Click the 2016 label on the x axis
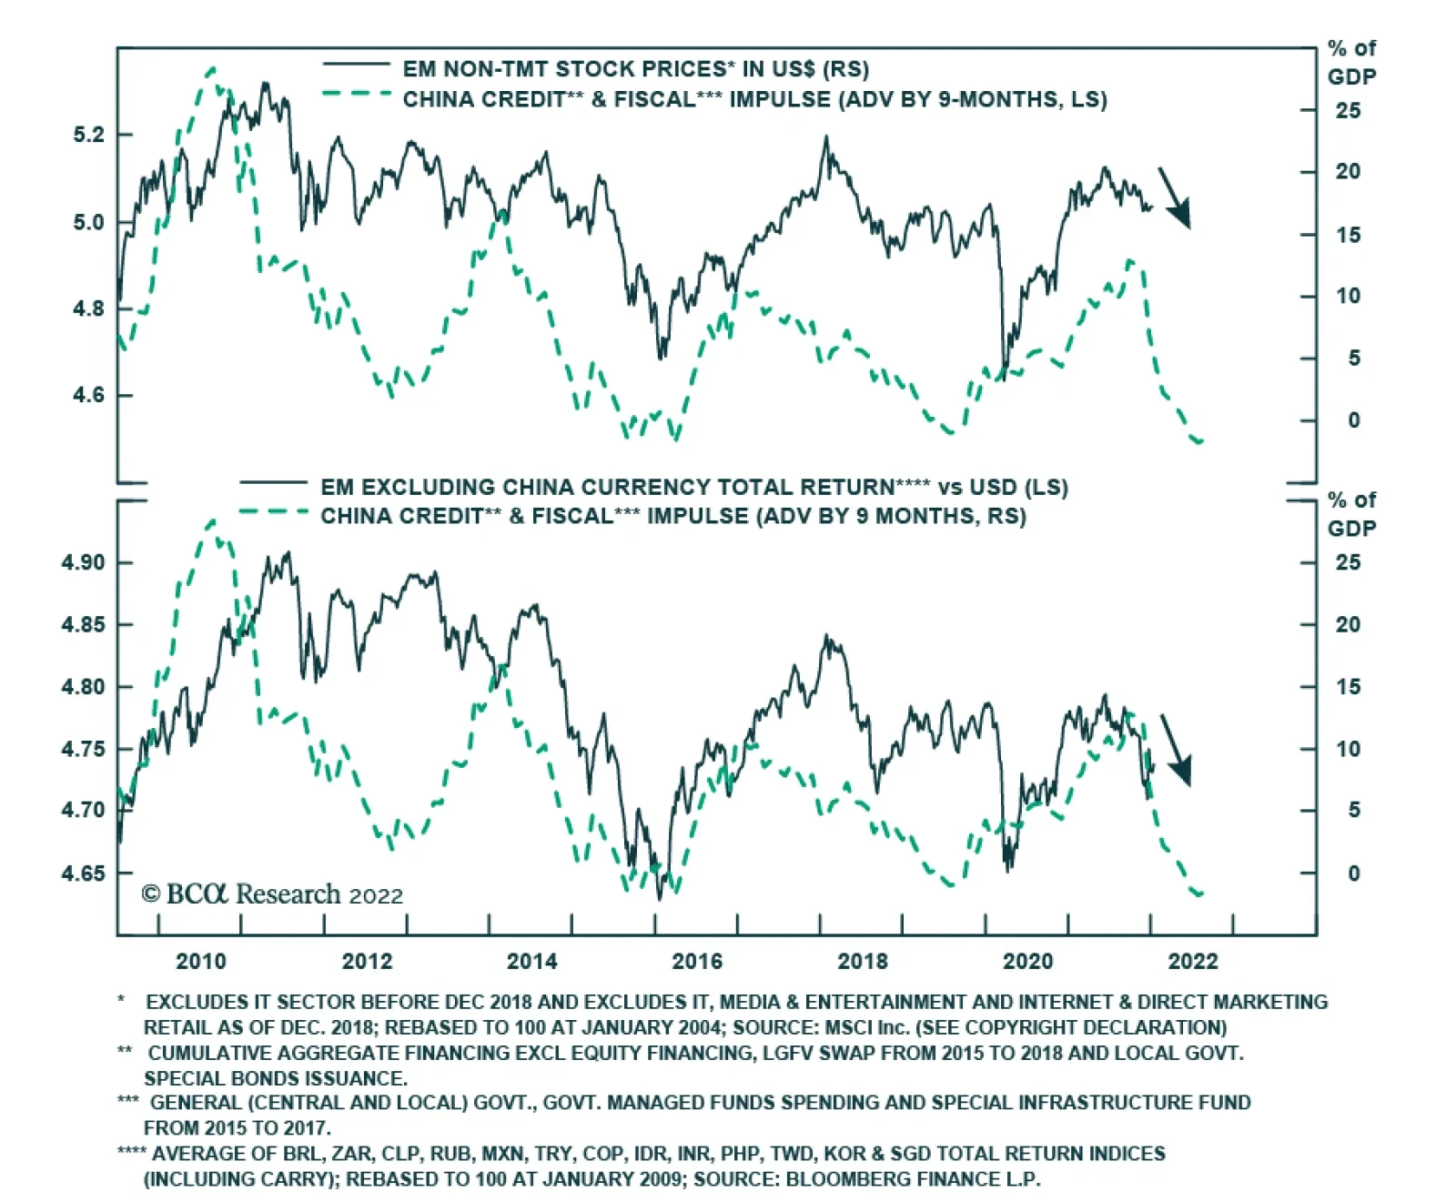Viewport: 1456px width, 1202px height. point(697,961)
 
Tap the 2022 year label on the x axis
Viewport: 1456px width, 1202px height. point(1192,961)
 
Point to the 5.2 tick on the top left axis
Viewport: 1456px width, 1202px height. point(89,135)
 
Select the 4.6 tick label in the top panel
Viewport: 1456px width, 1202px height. point(89,395)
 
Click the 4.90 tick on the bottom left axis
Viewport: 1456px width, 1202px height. point(83,562)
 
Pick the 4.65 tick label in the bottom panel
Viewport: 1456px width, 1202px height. point(83,874)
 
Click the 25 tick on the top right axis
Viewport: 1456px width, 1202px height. point(1348,110)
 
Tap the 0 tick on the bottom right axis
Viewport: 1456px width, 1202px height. point(1354,874)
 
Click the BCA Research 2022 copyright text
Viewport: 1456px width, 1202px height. point(272,894)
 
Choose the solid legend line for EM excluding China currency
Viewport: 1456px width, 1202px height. point(273,482)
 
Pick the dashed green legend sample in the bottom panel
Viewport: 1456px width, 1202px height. point(273,511)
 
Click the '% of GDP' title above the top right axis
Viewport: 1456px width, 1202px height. point(1351,62)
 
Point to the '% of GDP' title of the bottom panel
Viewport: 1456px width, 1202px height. point(1351,514)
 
